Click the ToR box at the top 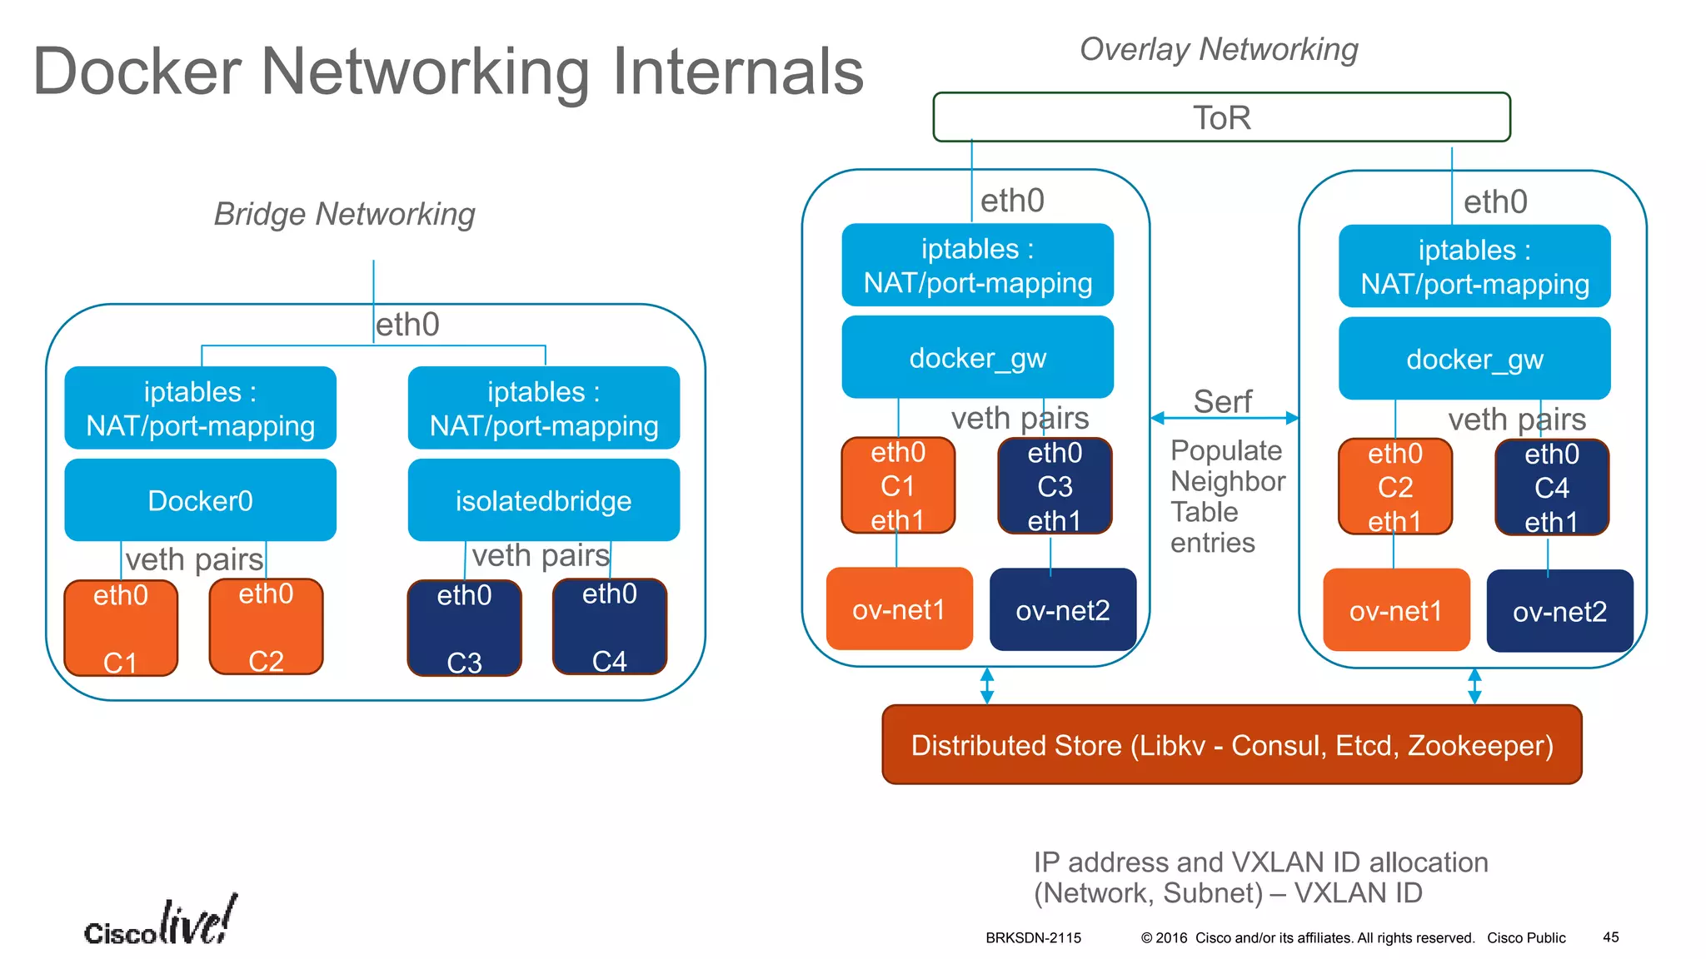point(1221,117)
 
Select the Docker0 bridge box point(200,500)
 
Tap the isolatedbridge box point(543,500)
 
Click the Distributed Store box point(1231,745)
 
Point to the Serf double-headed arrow point(1224,418)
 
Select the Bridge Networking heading point(344,214)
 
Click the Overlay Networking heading point(1218,49)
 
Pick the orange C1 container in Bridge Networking point(121,628)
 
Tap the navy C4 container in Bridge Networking point(609,626)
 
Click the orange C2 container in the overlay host point(1394,487)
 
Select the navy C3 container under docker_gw point(1054,486)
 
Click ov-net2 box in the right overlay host point(1559,611)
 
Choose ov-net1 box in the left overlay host point(898,609)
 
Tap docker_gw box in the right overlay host point(1474,359)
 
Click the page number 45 point(1610,937)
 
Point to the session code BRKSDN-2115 point(1033,938)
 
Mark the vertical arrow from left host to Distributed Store point(987,685)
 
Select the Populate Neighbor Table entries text point(1227,496)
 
